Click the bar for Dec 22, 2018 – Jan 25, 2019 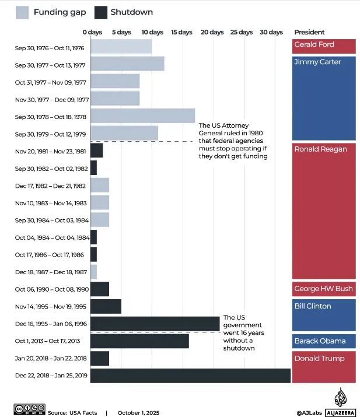[x=190, y=376]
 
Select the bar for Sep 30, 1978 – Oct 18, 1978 [x=142, y=116]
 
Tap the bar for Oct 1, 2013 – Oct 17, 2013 [x=139, y=341]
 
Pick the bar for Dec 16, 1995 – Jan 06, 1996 [x=155, y=323]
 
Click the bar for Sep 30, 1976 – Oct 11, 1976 [x=121, y=47]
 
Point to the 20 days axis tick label [x=212, y=32]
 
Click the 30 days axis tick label [x=271, y=32]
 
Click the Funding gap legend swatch [x=23, y=12]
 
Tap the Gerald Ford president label [x=314, y=45]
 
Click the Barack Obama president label [x=320, y=341]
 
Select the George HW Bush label [x=323, y=289]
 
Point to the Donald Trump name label [x=320, y=359]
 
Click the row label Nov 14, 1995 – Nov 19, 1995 [x=51, y=306]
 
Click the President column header [x=309, y=32]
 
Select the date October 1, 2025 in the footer [x=138, y=412]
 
